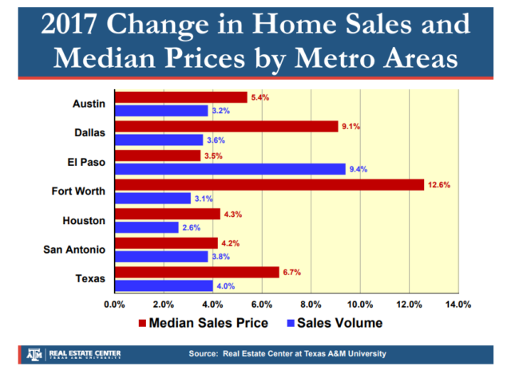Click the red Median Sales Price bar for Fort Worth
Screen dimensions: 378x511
coord(269,184)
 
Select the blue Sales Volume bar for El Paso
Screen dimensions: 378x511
coord(230,168)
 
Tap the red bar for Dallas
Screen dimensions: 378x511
coord(226,126)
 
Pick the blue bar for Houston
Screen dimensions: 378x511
coord(147,227)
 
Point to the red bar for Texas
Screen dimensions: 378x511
coord(197,272)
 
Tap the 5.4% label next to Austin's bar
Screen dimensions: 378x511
coord(259,97)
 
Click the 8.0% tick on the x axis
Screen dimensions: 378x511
coord(311,304)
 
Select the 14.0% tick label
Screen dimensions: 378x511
coord(458,304)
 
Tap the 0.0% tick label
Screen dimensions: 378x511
coord(116,304)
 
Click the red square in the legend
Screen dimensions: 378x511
coord(143,323)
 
